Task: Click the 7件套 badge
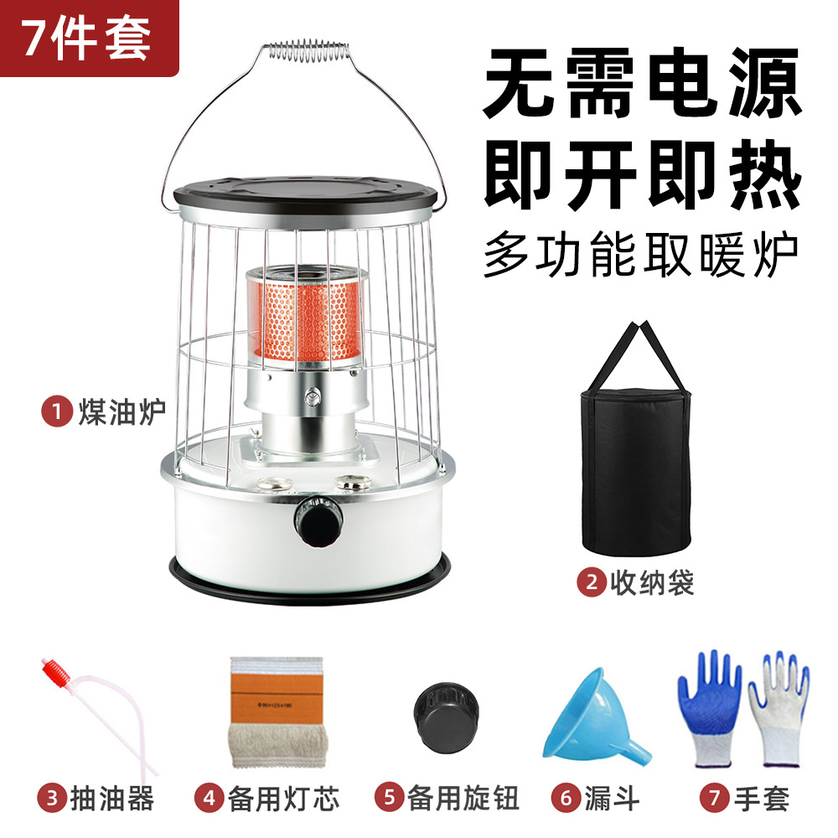[x=87, y=39]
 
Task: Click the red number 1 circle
[x=56, y=411]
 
